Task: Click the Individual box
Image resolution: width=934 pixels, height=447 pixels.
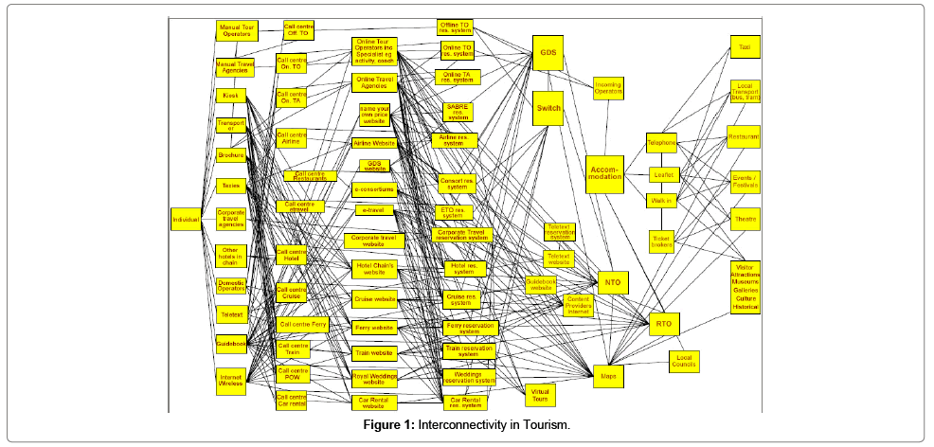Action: (186, 220)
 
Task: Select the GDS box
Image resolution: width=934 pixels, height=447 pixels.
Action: (548, 52)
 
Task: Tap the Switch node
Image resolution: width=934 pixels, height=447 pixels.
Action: (548, 108)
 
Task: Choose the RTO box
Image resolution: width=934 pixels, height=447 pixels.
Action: (663, 325)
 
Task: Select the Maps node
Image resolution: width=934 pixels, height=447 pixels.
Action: (609, 377)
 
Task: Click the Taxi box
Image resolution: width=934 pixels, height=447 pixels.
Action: (744, 46)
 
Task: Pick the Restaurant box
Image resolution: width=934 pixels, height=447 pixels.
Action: (744, 137)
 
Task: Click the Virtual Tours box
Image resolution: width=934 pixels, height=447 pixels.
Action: (540, 394)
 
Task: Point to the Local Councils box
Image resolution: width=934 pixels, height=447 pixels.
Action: (684, 361)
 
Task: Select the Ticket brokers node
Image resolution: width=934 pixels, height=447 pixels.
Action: (662, 241)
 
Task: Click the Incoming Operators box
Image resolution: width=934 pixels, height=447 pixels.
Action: (608, 89)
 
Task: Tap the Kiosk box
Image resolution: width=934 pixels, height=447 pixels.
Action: (230, 96)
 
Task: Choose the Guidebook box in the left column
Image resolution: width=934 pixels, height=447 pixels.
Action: (230, 343)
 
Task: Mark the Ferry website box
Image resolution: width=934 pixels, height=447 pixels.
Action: (373, 328)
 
